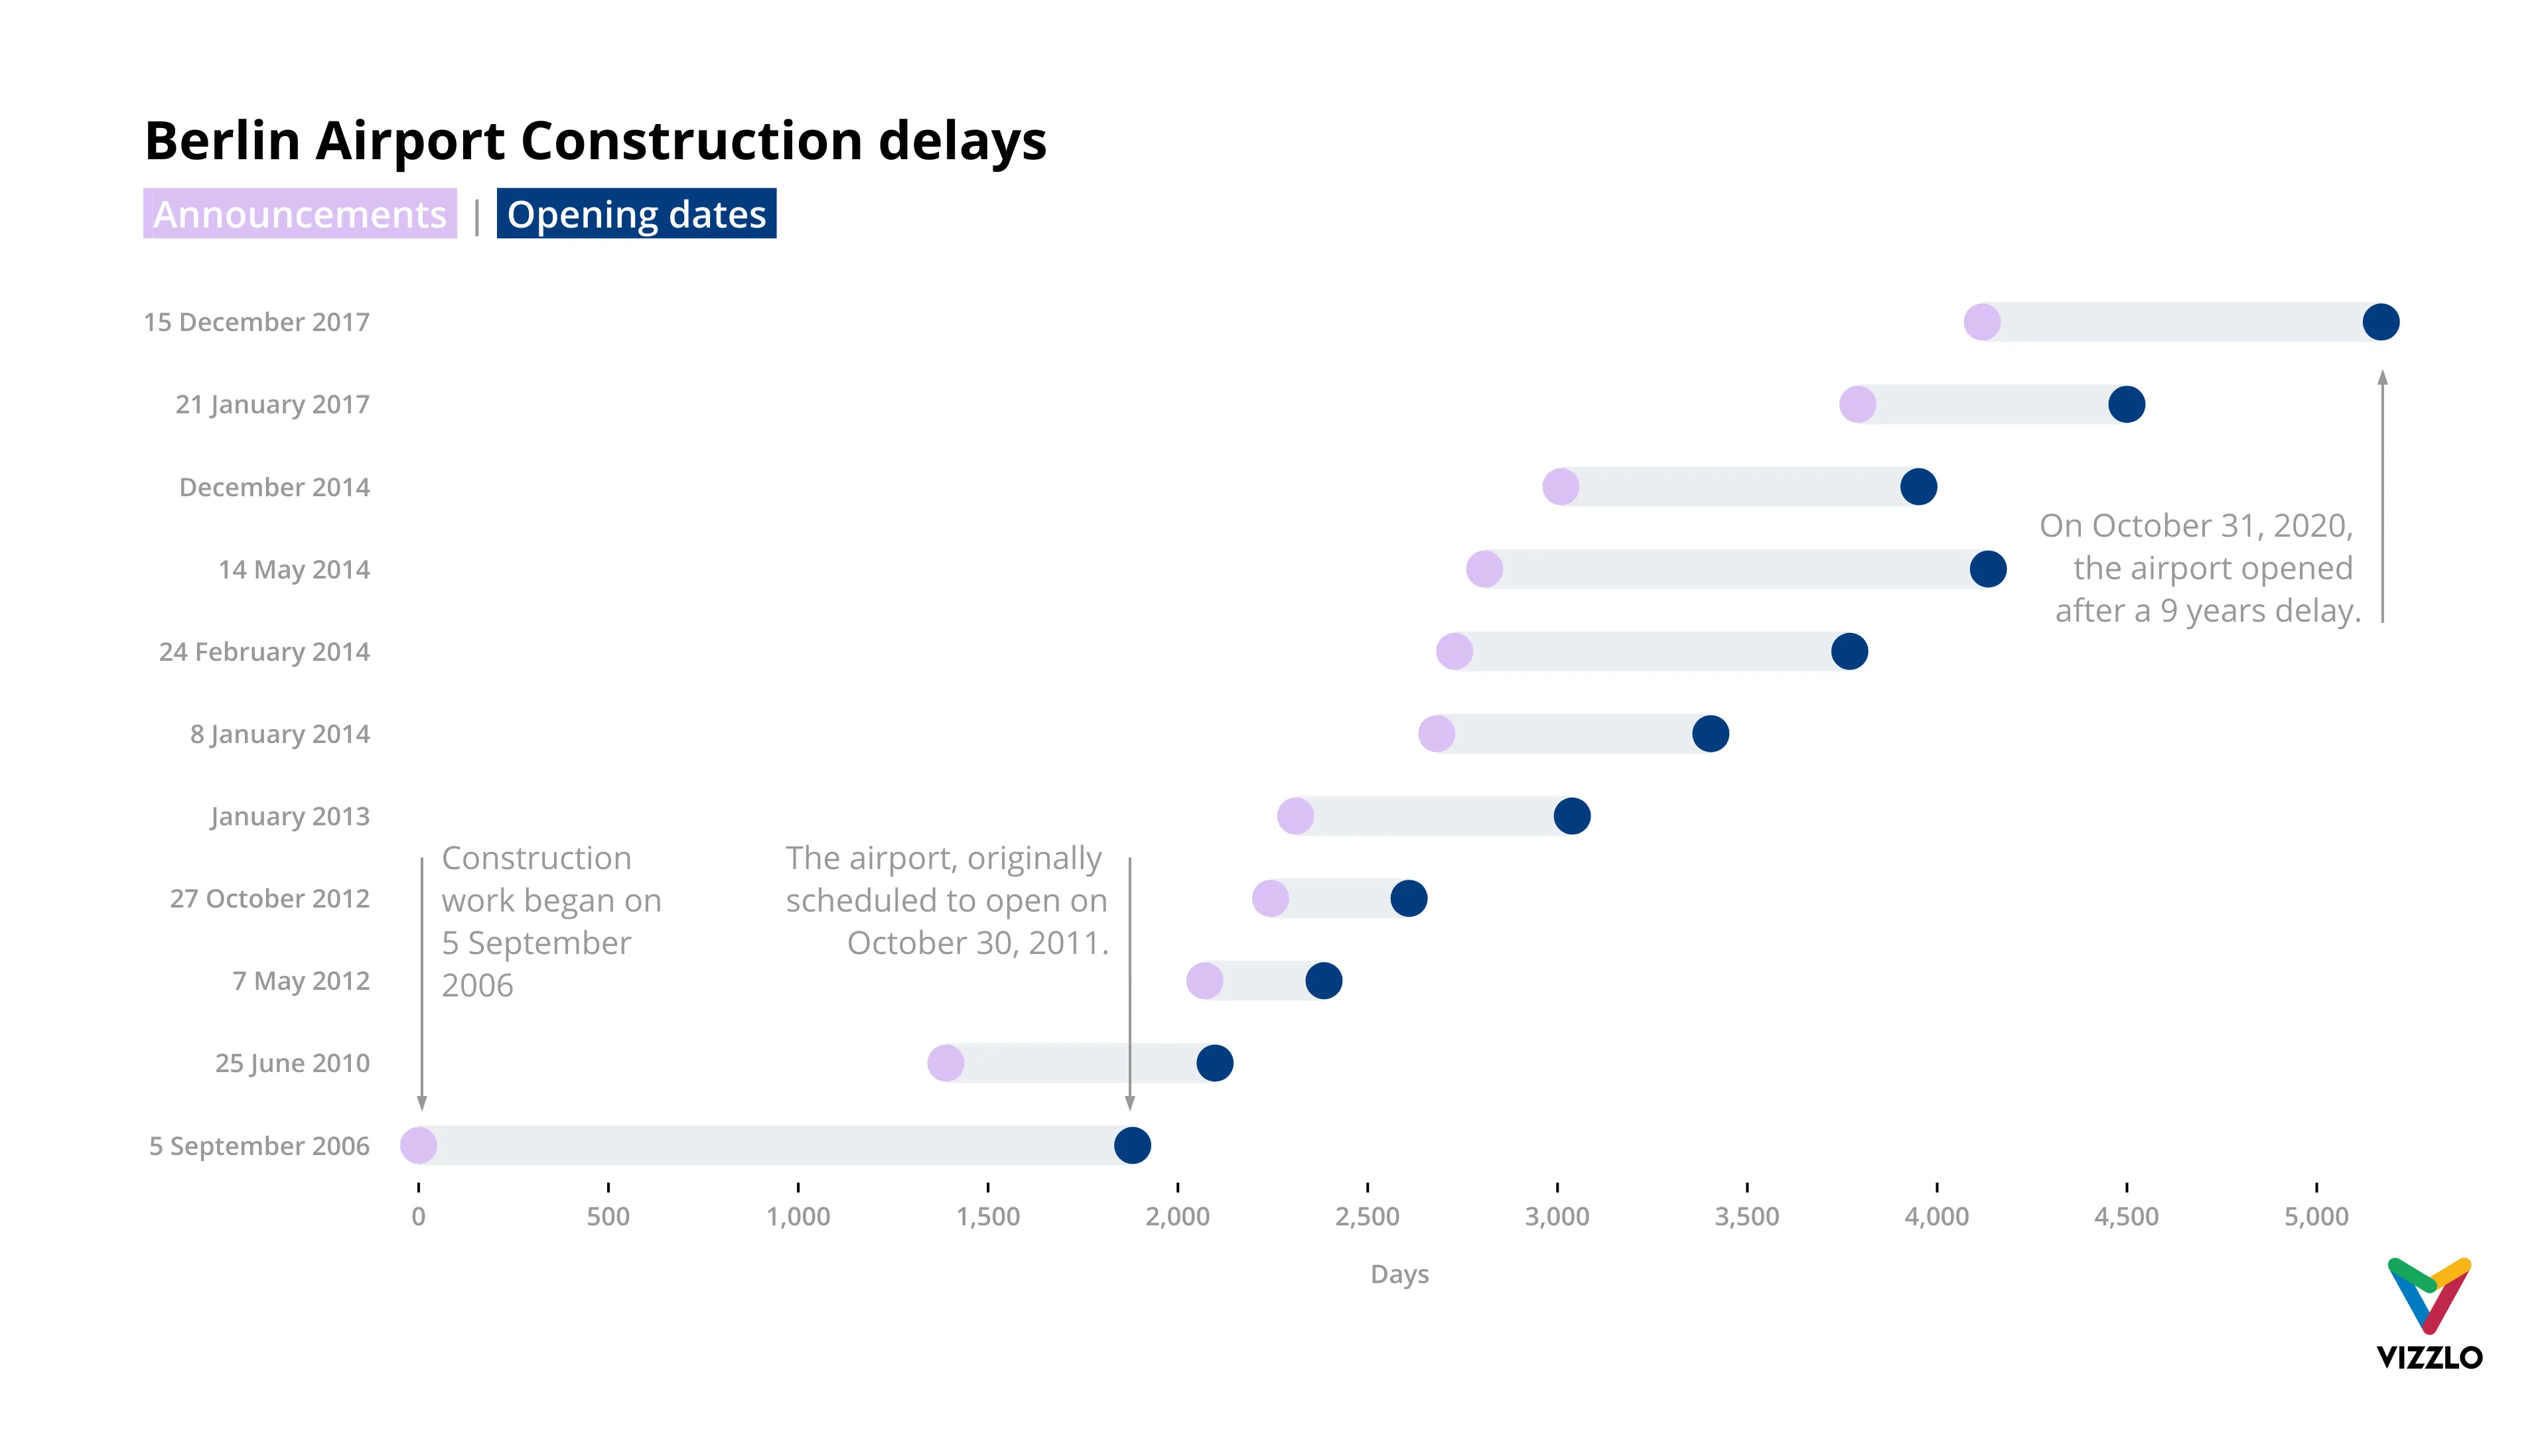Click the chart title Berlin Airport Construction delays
pos(595,141)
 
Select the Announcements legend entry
pos(300,214)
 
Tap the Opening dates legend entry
pos(636,214)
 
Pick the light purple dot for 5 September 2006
pos(419,1145)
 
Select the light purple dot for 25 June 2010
pos(946,1063)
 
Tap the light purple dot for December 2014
pos(1561,486)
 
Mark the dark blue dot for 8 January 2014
pos(1710,734)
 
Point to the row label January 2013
pos(290,816)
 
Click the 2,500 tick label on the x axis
pos(1367,1217)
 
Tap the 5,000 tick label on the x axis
pos(2316,1217)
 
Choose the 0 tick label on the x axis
pos(419,1217)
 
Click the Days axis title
pos(1399,1274)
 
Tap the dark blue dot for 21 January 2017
pos(2125,405)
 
